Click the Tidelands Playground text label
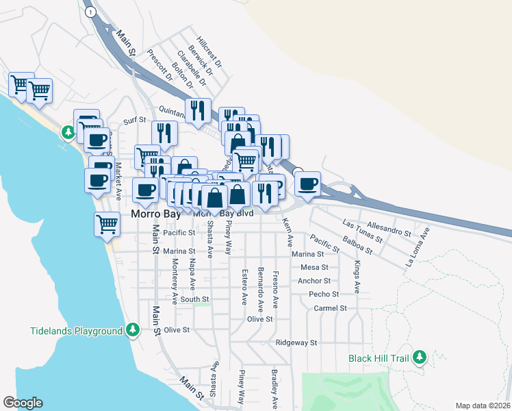[76, 331]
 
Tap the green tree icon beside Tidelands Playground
[133, 331]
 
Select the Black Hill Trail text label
[378, 358]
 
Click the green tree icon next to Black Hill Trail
[420, 357]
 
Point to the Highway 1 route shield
[89, 12]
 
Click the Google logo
[23, 403]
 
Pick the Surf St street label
[135, 121]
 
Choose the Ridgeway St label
[296, 342]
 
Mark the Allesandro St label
[389, 228]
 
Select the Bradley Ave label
[274, 388]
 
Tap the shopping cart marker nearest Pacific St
[107, 223]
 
